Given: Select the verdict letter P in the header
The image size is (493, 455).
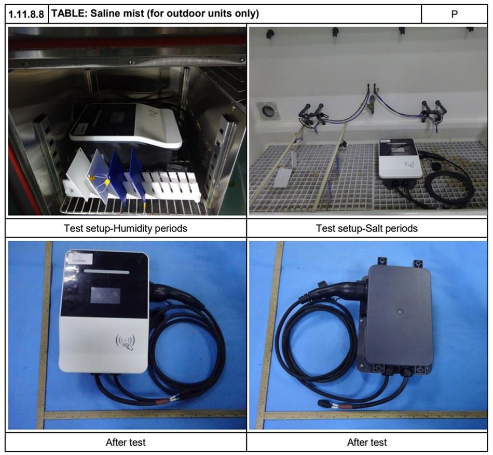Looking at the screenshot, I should click(x=454, y=13).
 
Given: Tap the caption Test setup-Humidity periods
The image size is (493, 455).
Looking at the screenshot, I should click(x=126, y=228).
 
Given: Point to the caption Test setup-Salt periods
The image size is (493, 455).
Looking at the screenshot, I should click(x=367, y=228).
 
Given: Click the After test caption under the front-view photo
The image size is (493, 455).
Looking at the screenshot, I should click(x=126, y=443).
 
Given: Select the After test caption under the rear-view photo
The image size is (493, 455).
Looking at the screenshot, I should click(x=367, y=443).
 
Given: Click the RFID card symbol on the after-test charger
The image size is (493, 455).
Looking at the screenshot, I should click(x=125, y=342).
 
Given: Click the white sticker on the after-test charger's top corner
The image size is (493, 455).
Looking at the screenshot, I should click(x=78, y=256).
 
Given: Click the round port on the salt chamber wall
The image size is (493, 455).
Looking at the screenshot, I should click(x=268, y=111).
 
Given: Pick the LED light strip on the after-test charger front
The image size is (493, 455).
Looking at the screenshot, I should click(x=106, y=272).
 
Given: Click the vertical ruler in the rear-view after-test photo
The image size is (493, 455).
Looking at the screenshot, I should click(x=273, y=332).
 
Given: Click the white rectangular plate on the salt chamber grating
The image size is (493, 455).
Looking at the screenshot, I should click(x=283, y=177).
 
